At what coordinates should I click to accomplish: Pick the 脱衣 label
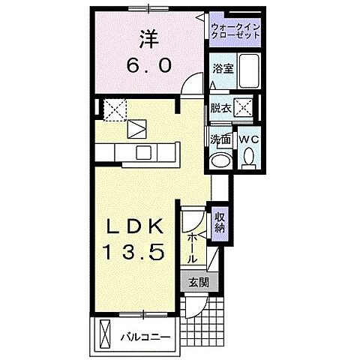coord(220,107)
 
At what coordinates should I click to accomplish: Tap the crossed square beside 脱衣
coord(243,107)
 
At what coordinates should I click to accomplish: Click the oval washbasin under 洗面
coord(220,160)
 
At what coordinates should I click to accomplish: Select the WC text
coord(248,139)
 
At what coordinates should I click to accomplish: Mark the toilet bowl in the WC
coord(249,157)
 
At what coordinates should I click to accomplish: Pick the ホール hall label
coord(192,245)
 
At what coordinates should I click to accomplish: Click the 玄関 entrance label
coord(199,283)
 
